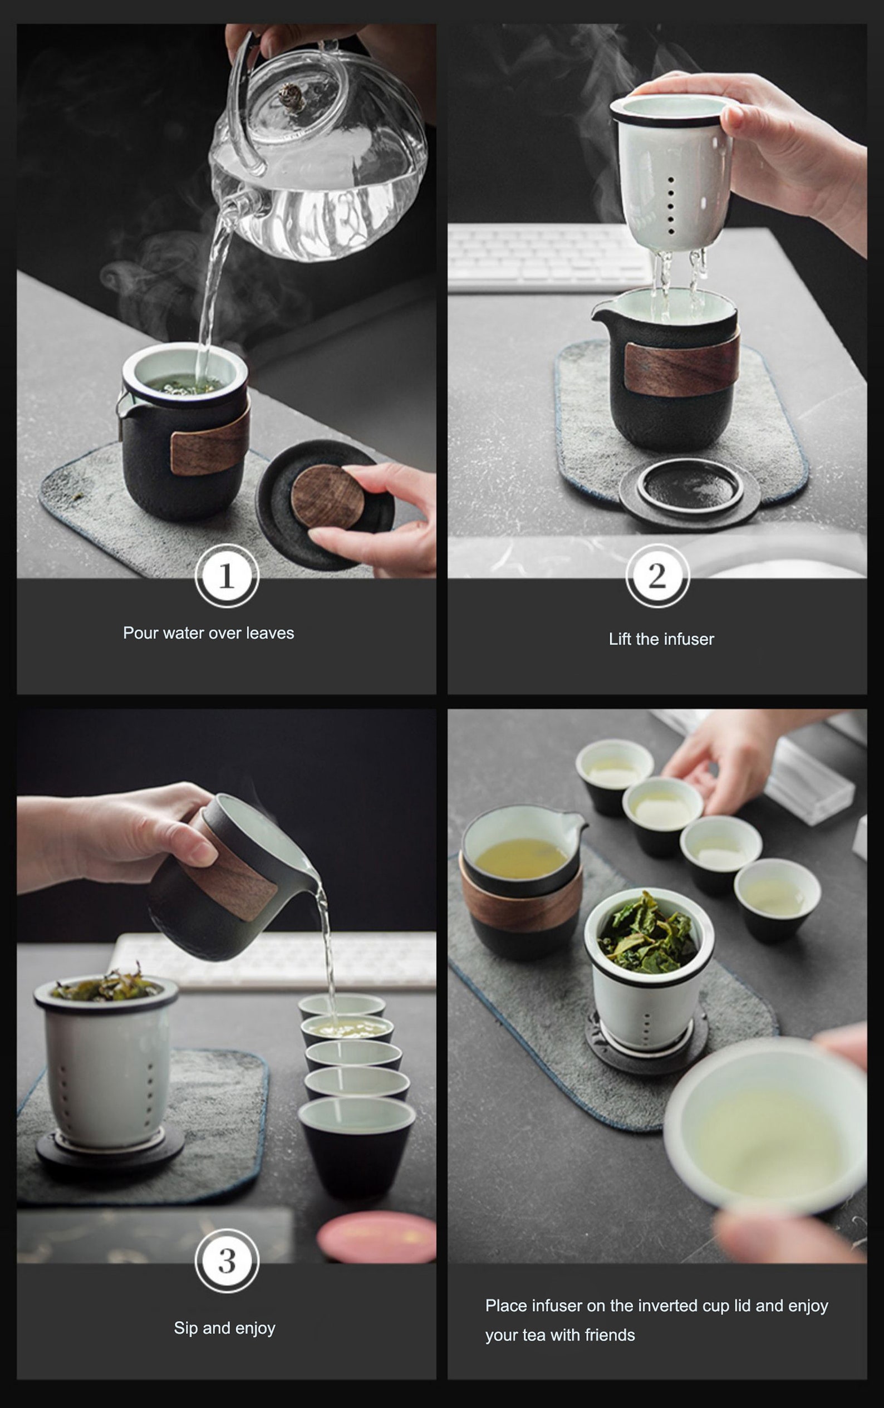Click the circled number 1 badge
click(227, 575)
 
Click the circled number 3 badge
click(227, 1260)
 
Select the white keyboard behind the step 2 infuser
click(549, 257)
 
